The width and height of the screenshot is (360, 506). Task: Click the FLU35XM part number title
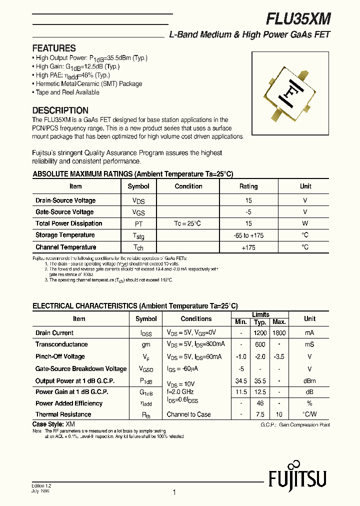(298, 19)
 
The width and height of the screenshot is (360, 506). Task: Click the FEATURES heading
(54, 48)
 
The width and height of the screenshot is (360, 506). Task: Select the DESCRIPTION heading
(60, 110)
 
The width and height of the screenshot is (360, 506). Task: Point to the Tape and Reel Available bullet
(67, 92)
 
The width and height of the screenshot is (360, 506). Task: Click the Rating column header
(248, 186)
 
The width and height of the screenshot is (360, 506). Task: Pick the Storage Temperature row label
(65, 235)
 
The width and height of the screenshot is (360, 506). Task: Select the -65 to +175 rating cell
(248, 235)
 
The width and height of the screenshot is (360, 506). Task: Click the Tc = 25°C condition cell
(187, 223)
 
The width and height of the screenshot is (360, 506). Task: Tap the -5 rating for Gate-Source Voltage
(248, 212)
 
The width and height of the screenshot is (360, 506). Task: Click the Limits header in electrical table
(260, 314)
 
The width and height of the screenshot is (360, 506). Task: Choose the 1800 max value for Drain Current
(279, 333)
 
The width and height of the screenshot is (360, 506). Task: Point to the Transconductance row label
(61, 344)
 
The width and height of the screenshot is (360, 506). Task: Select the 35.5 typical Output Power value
(260, 381)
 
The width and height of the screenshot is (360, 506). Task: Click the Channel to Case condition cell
(188, 414)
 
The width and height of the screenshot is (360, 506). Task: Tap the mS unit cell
(309, 344)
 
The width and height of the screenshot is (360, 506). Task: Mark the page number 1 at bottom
(174, 492)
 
